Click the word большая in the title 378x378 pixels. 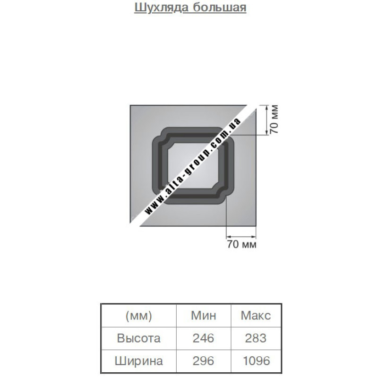(220, 8)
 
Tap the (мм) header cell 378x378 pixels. (138, 316)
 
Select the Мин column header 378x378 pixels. (204, 315)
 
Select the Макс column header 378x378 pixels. (256, 315)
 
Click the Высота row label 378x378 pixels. (138, 338)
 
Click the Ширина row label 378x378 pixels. (138, 361)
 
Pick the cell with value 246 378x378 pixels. (203, 338)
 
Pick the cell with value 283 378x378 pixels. (256, 338)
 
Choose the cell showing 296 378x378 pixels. (203, 361)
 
